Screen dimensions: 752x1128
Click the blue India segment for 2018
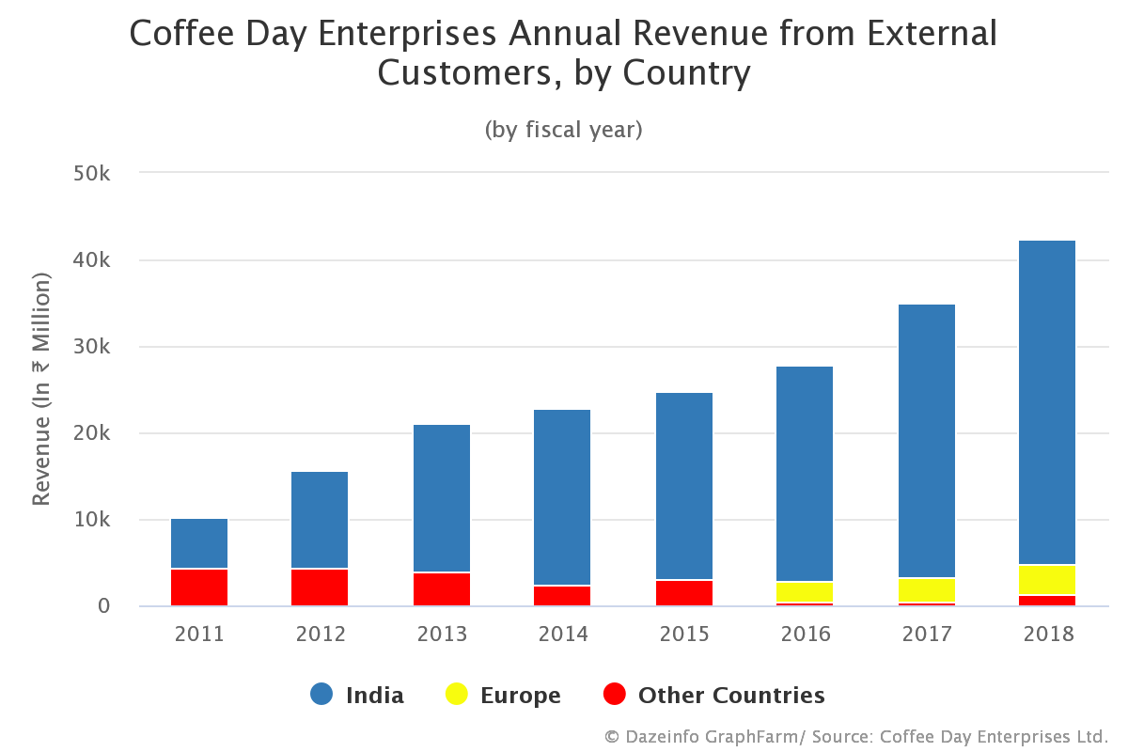(1048, 402)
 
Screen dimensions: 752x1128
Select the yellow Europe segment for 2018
(1048, 580)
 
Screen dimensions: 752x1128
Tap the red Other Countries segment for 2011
(199, 587)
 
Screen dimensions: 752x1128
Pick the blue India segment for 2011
(199, 543)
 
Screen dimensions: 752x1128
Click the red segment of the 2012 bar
(320, 587)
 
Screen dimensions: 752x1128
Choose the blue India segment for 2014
(562, 497)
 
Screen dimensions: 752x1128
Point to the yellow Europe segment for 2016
(806, 592)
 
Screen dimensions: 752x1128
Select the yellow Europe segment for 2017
(927, 590)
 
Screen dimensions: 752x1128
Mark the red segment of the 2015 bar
(683, 593)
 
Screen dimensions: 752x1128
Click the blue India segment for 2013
(442, 498)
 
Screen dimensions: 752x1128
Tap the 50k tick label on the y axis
(92, 174)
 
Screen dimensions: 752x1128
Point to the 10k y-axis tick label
(92, 520)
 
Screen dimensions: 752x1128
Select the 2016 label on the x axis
(806, 634)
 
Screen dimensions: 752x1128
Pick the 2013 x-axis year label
(442, 634)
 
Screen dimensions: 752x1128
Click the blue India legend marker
(321, 695)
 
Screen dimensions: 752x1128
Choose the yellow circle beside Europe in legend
(457, 695)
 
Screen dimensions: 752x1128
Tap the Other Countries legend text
(731, 696)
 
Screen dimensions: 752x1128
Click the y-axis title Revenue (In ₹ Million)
(41, 389)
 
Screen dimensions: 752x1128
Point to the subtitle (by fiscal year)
(563, 130)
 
